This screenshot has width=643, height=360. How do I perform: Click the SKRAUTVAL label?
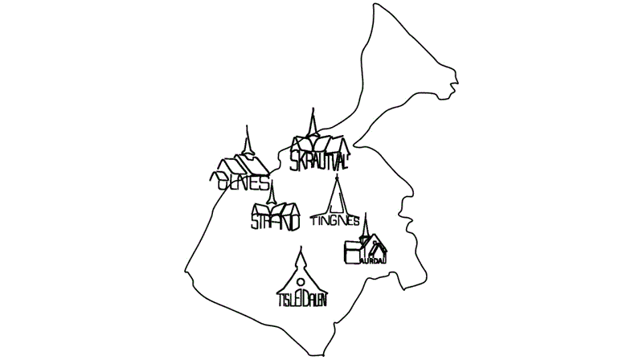coord(320,160)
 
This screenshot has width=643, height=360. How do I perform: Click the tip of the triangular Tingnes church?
coord(338,176)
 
